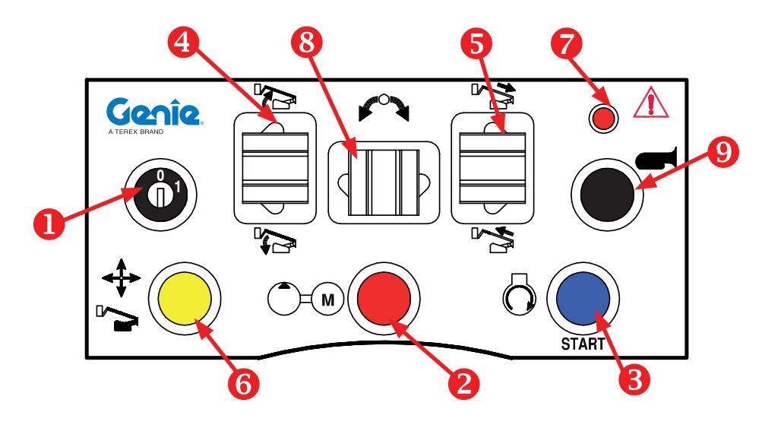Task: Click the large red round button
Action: (384, 297)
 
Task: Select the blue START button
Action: (582, 297)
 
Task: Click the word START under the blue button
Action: (583, 342)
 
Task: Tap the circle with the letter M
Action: (327, 298)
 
